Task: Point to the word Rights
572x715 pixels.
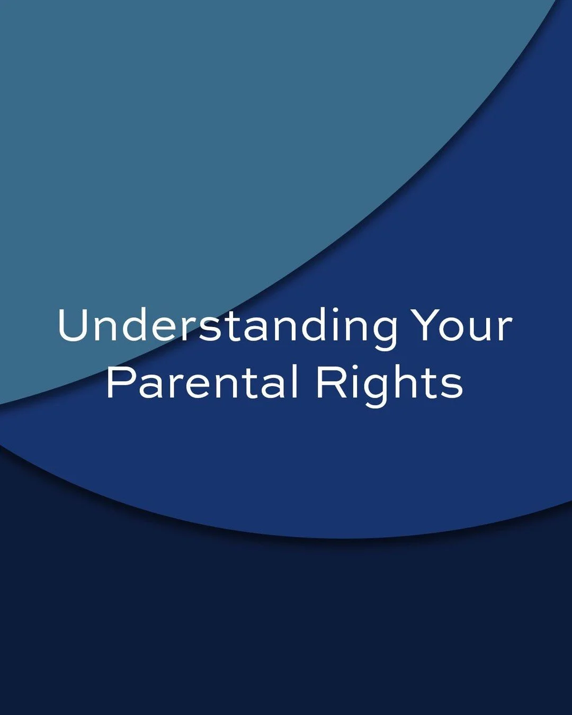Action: (x=389, y=383)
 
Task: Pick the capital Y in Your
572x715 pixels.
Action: (x=424, y=325)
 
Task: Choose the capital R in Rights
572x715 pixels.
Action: (x=328, y=382)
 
